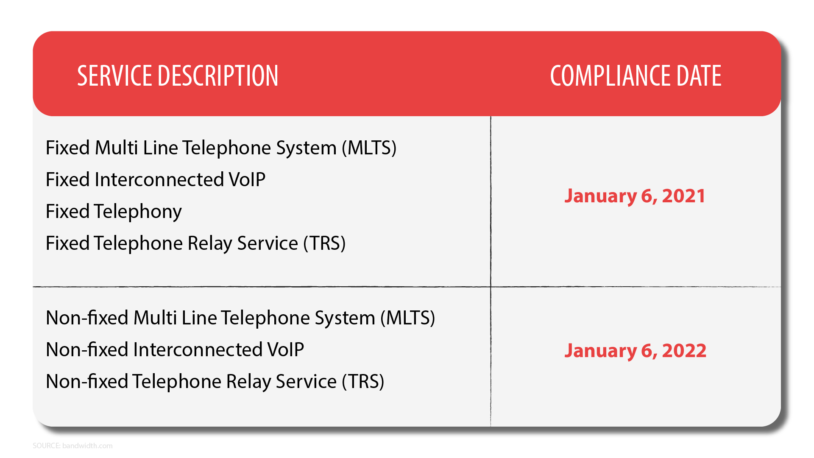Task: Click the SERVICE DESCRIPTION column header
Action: coord(178,76)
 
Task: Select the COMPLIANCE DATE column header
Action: coord(636,76)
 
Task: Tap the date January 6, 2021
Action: coord(635,196)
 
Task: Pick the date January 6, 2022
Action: coord(635,351)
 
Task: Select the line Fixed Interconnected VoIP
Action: coord(156,180)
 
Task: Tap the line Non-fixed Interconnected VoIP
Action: coord(175,350)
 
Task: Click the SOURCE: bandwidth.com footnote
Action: coord(72,446)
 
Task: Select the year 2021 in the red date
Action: coord(683,196)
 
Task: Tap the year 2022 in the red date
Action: coord(684,351)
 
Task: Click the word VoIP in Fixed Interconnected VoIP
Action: coord(247,180)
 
